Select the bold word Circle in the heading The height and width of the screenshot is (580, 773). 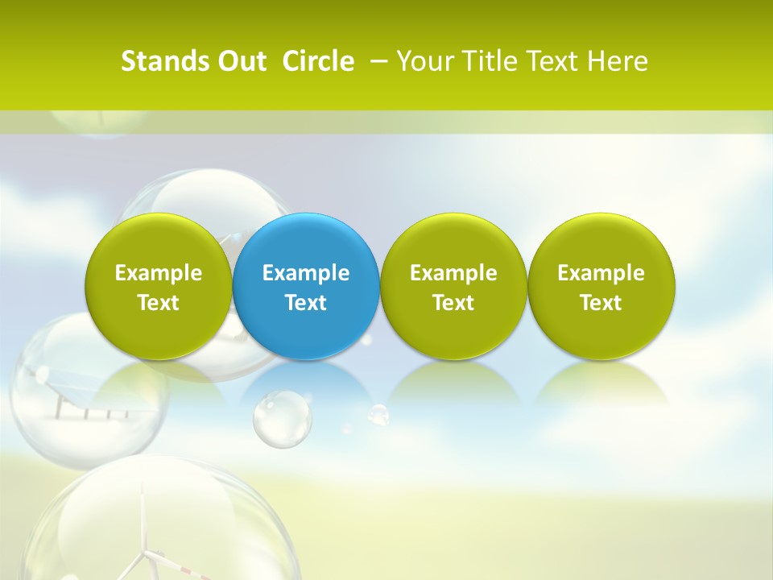(x=318, y=61)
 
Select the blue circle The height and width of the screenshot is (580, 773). (x=306, y=286)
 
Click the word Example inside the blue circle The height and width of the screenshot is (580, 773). (x=306, y=273)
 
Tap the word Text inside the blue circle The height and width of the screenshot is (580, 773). (x=306, y=303)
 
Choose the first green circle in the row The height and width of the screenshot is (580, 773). (x=159, y=286)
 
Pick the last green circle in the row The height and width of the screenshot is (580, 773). (x=601, y=286)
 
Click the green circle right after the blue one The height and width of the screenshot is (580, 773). (x=453, y=286)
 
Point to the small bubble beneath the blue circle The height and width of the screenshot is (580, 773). (x=282, y=418)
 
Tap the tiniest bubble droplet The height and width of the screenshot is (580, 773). (x=378, y=414)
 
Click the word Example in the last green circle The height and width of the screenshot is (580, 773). (x=601, y=273)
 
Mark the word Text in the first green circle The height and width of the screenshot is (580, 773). (x=159, y=303)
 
